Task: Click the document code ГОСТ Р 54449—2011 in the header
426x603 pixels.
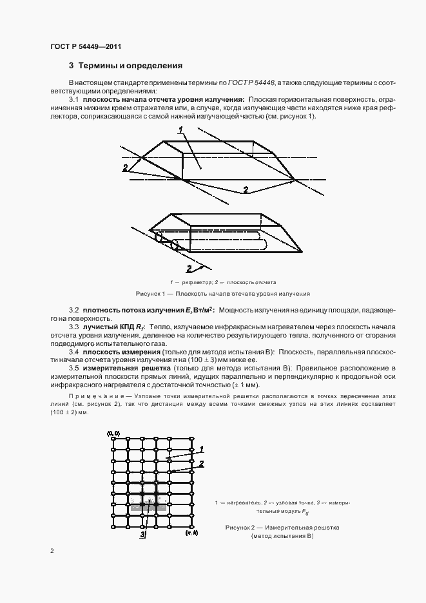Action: coord(86,47)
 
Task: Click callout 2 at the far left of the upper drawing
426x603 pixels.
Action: coord(124,167)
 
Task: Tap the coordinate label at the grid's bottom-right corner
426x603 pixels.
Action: coord(191,534)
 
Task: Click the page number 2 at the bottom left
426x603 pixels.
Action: coord(52,551)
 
